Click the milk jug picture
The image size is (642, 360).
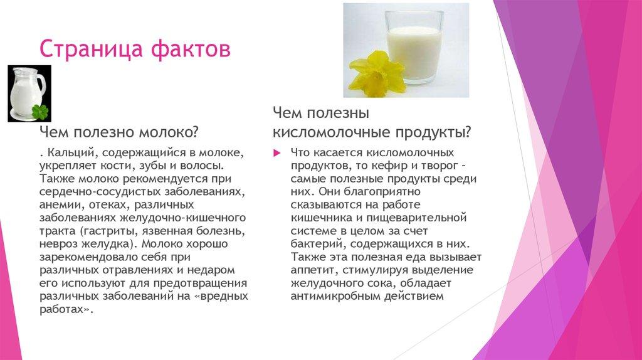[x=26, y=92]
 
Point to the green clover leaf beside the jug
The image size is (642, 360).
[x=40, y=112]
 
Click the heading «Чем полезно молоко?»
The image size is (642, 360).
[x=119, y=132]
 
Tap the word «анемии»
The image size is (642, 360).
[x=60, y=204]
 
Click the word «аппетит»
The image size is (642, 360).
[x=313, y=270]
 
